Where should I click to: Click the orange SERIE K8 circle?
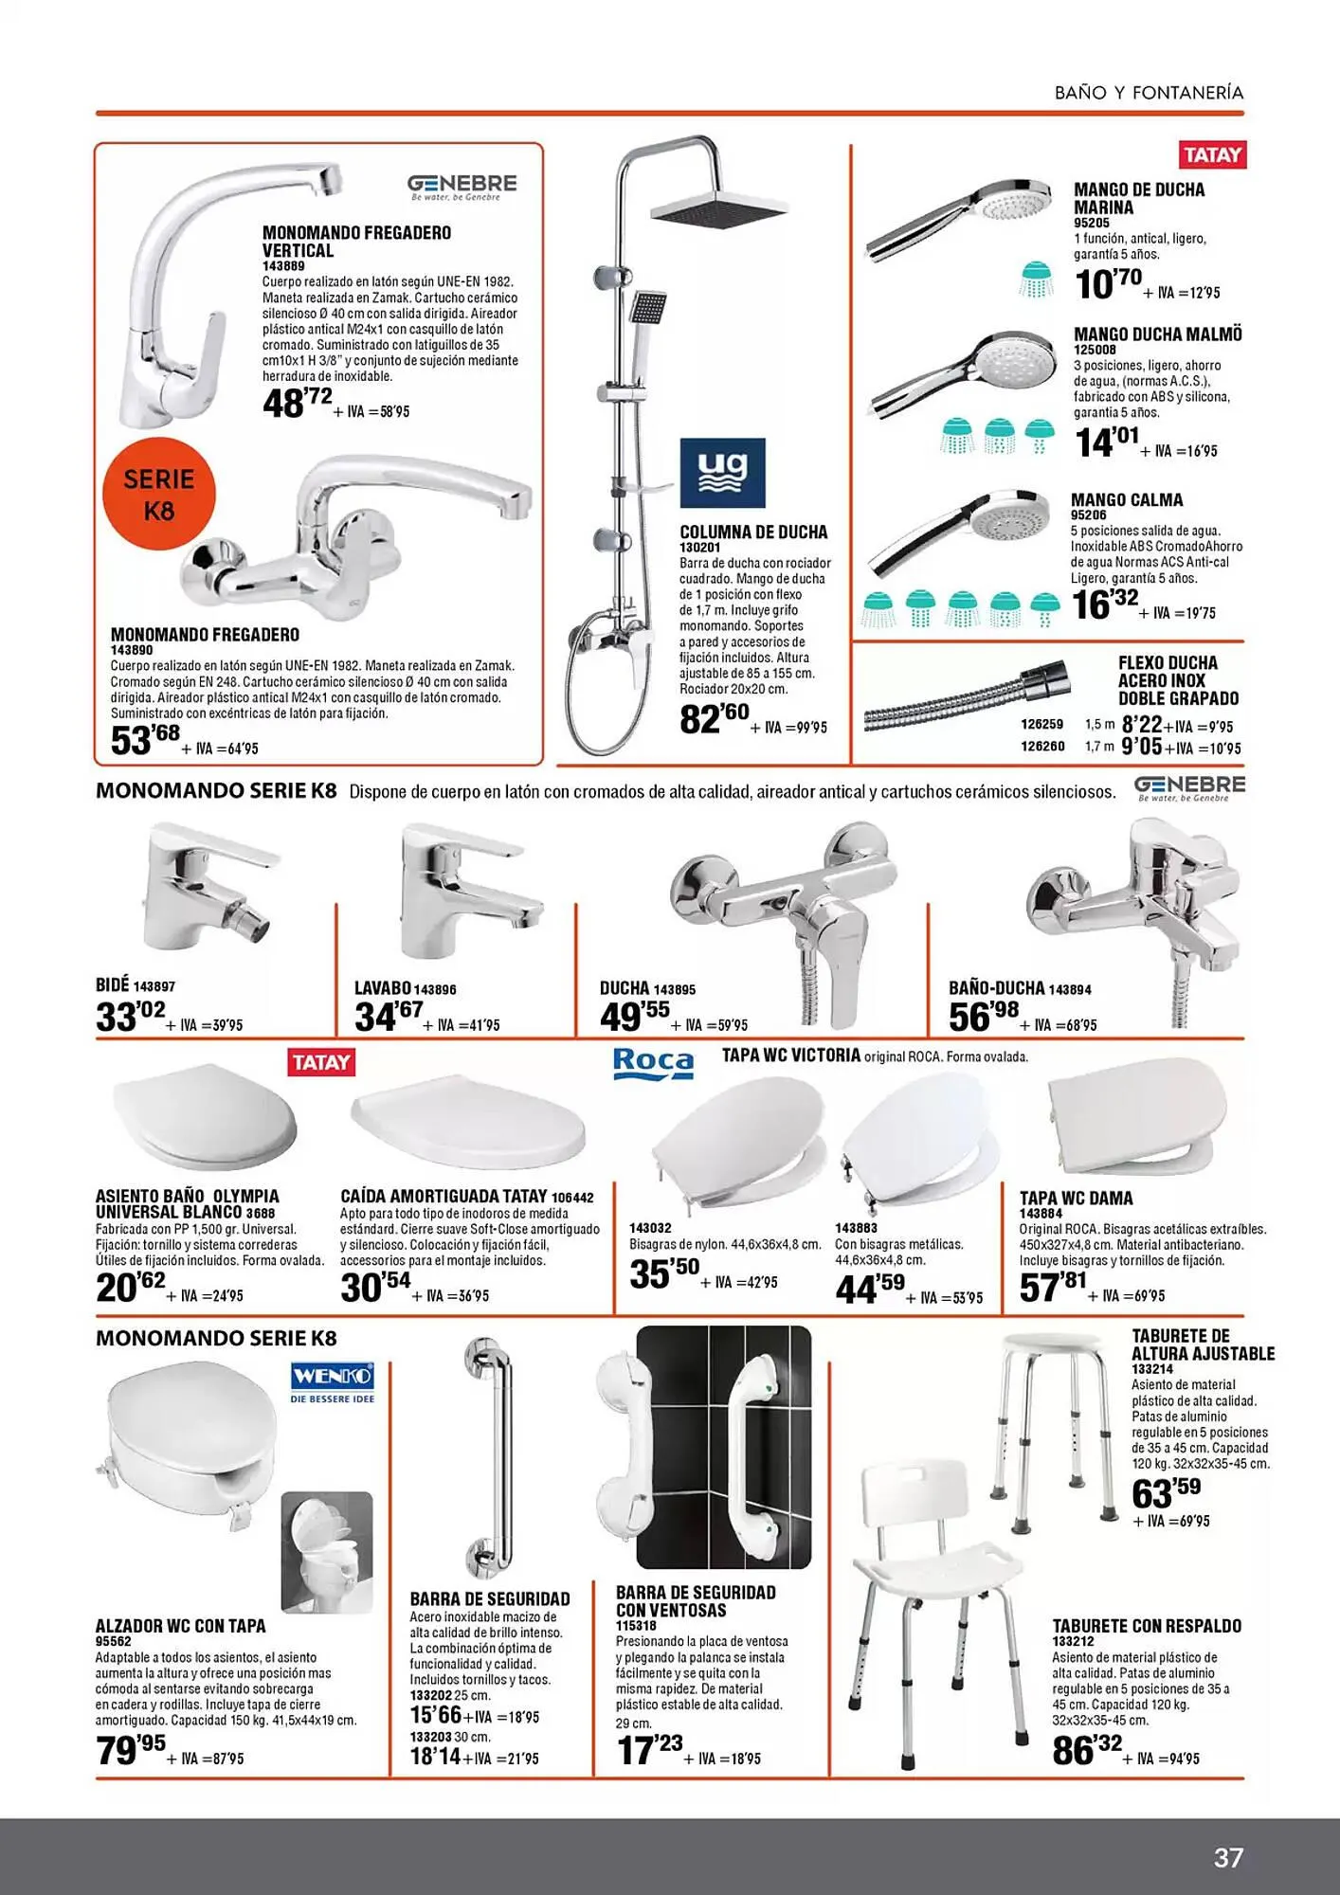[x=159, y=494]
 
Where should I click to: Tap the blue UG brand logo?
[x=722, y=473]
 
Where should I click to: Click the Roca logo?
[x=653, y=1062]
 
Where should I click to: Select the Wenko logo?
[x=333, y=1382]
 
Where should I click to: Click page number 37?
[x=1228, y=1857]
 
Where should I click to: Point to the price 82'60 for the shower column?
[x=714, y=718]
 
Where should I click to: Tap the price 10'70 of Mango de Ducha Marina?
[x=1108, y=283]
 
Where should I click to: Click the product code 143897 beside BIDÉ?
[x=154, y=986]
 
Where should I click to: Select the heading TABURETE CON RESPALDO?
[x=1147, y=1626]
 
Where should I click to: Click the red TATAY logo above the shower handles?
[x=1212, y=154]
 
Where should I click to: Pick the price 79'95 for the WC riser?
[x=131, y=1749]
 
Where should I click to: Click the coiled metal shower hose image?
[x=967, y=701]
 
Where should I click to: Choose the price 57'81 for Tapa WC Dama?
[x=1053, y=1287]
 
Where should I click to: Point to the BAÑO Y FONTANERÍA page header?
[x=1149, y=93]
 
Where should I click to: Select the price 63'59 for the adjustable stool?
[x=1166, y=1493]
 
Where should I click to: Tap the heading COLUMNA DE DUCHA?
[x=753, y=532]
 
